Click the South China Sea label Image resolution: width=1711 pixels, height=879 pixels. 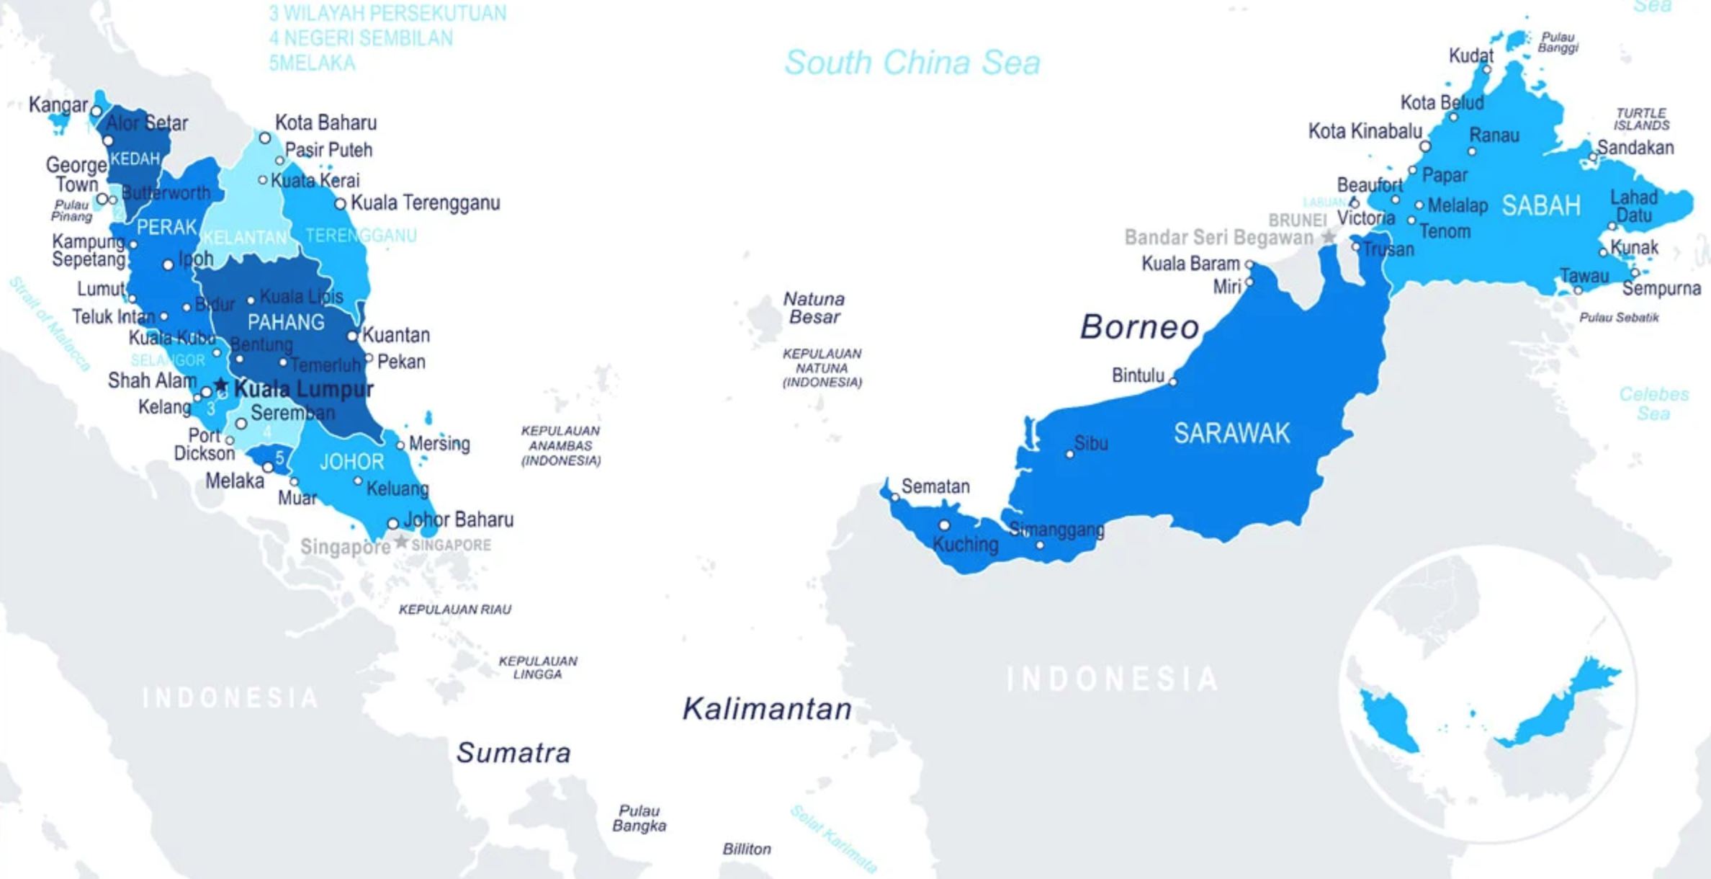pyautogui.click(x=912, y=63)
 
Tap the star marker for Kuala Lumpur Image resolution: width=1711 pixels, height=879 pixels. pyautogui.click(x=221, y=387)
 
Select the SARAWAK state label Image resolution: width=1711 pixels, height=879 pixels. pyautogui.click(x=1231, y=433)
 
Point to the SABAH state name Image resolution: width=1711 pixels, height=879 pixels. pyautogui.click(x=1540, y=206)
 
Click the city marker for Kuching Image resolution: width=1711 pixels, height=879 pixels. pyautogui.click(x=944, y=525)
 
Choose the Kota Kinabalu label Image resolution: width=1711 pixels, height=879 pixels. pyautogui.click(x=1365, y=131)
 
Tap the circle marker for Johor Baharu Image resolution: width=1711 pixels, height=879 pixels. pyautogui.click(x=392, y=524)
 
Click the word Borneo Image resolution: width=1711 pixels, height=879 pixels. pyautogui.click(x=1139, y=327)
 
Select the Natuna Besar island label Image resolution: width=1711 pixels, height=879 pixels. pyautogui.click(x=814, y=308)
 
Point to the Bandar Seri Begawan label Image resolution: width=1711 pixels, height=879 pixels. pyautogui.click(x=1218, y=237)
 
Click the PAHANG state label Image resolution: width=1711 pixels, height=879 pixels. pyautogui.click(x=286, y=322)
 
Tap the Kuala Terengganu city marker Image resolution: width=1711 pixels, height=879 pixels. pyautogui.click(x=340, y=205)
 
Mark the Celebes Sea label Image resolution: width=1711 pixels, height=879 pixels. pyautogui.click(x=1653, y=403)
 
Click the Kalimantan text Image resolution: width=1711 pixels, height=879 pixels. pyautogui.click(x=767, y=709)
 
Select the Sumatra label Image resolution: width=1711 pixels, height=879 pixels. pyautogui.click(x=513, y=753)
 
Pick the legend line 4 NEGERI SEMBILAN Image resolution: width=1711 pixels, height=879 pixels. pyautogui.click(x=361, y=38)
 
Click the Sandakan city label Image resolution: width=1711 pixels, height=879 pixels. pyautogui.click(x=1635, y=148)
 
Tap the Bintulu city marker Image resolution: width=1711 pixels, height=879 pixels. pyautogui.click(x=1173, y=382)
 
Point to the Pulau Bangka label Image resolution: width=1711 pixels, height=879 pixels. pyautogui.click(x=639, y=818)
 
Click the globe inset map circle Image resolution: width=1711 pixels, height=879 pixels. pyautogui.click(x=1487, y=693)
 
